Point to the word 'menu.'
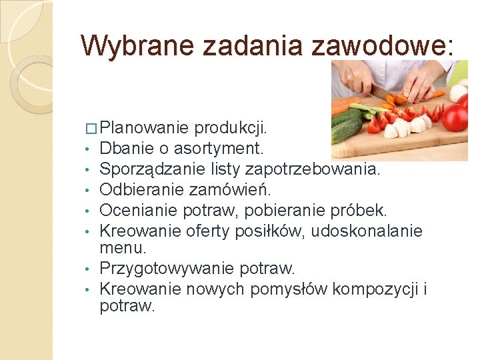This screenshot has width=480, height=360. point(122,248)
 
